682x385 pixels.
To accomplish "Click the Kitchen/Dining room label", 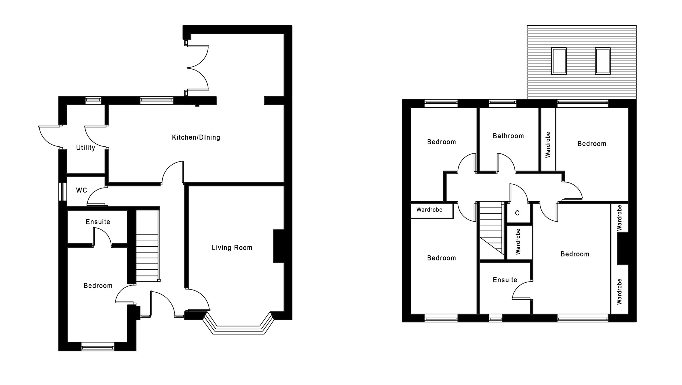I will (x=196, y=137).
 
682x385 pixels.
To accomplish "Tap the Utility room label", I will (x=86, y=148).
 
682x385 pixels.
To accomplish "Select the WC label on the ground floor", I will (x=81, y=190).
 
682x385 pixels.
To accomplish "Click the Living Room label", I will (x=232, y=248).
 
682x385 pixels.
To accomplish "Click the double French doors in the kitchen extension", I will (x=197, y=68).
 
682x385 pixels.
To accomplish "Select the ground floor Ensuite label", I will (x=98, y=222).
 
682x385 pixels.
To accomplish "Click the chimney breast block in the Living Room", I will (x=278, y=246).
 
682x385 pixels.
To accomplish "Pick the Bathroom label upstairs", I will (x=508, y=136).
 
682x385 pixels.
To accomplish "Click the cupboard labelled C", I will (x=517, y=213).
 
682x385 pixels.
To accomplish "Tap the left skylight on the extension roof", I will (x=559, y=61).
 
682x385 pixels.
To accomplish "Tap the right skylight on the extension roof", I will (x=602, y=61).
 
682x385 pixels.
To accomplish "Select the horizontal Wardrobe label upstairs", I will (x=429, y=210).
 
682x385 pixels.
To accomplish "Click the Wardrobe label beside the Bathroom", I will (x=548, y=145).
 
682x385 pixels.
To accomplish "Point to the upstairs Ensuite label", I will (x=505, y=280).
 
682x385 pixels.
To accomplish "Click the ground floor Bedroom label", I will (x=98, y=286).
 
